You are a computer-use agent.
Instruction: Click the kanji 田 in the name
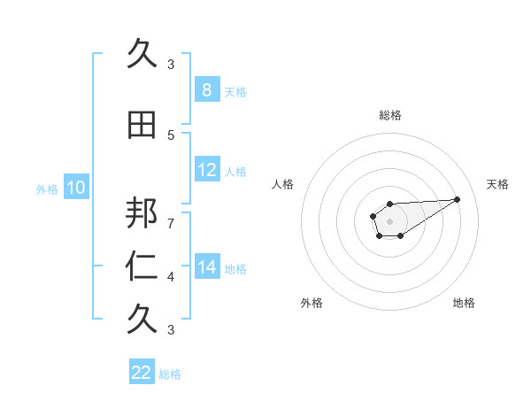click(x=141, y=125)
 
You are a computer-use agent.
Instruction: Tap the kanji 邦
click(x=141, y=213)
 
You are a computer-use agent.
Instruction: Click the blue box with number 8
click(x=206, y=89)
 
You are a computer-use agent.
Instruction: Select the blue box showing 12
click(x=206, y=170)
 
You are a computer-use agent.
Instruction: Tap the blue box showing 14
click(x=206, y=267)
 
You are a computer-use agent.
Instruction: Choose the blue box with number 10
click(x=75, y=188)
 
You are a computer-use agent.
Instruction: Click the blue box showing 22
click(x=142, y=373)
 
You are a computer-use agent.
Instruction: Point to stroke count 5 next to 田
click(x=171, y=135)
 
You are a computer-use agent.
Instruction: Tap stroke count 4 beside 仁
click(x=171, y=277)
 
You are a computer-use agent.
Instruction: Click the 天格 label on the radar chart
click(x=497, y=184)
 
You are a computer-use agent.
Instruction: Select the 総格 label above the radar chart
click(x=389, y=115)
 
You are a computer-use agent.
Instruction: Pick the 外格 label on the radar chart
click(x=312, y=303)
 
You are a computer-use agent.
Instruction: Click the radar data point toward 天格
click(x=458, y=198)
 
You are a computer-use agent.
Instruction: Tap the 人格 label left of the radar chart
click(x=283, y=184)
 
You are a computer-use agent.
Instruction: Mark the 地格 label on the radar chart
click(x=464, y=303)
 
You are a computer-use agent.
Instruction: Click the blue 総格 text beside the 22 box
click(x=170, y=374)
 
